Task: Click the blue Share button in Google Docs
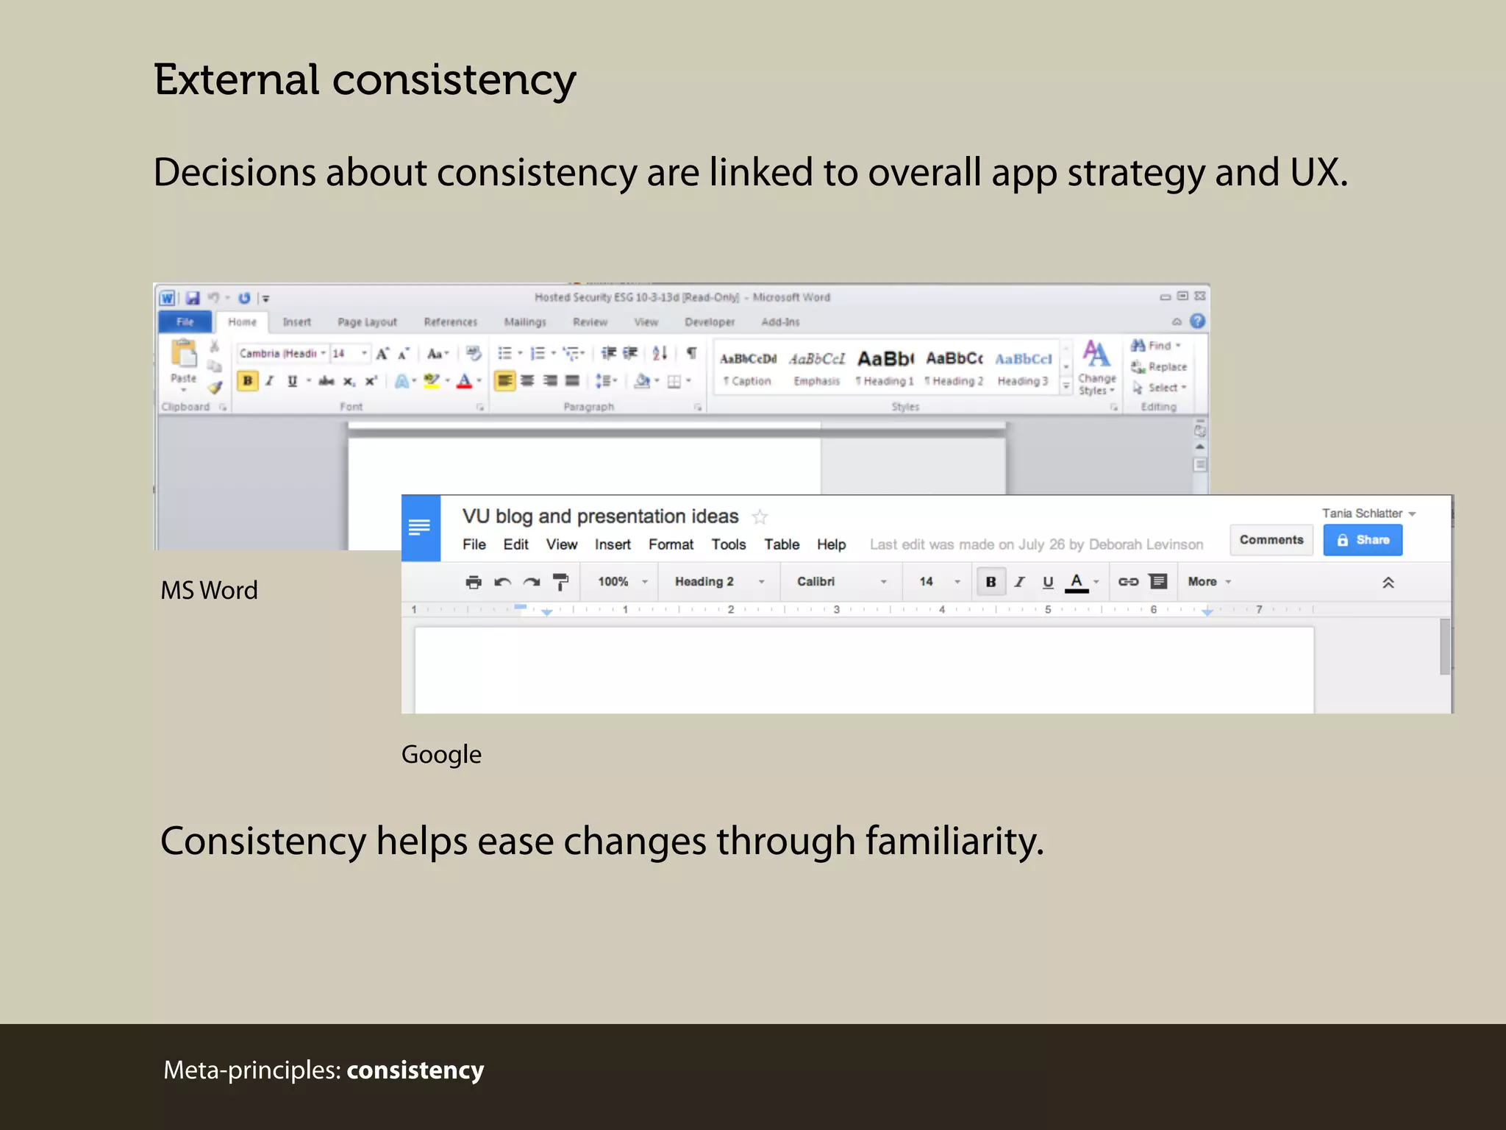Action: tap(1362, 540)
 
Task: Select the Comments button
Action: tap(1271, 540)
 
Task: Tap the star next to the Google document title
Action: tap(760, 517)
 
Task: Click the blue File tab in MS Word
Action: tap(185, 322)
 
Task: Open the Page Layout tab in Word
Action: tap(367, 322)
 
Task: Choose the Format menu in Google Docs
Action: tap(671, 544)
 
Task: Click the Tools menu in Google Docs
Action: tap(728, 544)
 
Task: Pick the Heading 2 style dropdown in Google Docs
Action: tap(718, 582)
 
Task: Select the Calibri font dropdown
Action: tap(841, 582)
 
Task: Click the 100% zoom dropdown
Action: tap(622, 582)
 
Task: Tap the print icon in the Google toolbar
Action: tap(474, 583)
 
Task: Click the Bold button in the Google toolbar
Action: tap(991, 582)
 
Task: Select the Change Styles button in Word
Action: tap(1096, 366)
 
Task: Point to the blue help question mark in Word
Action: tap(1197, 321)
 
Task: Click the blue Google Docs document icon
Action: tap(420, 527)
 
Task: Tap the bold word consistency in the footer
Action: tap(415, 1070)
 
